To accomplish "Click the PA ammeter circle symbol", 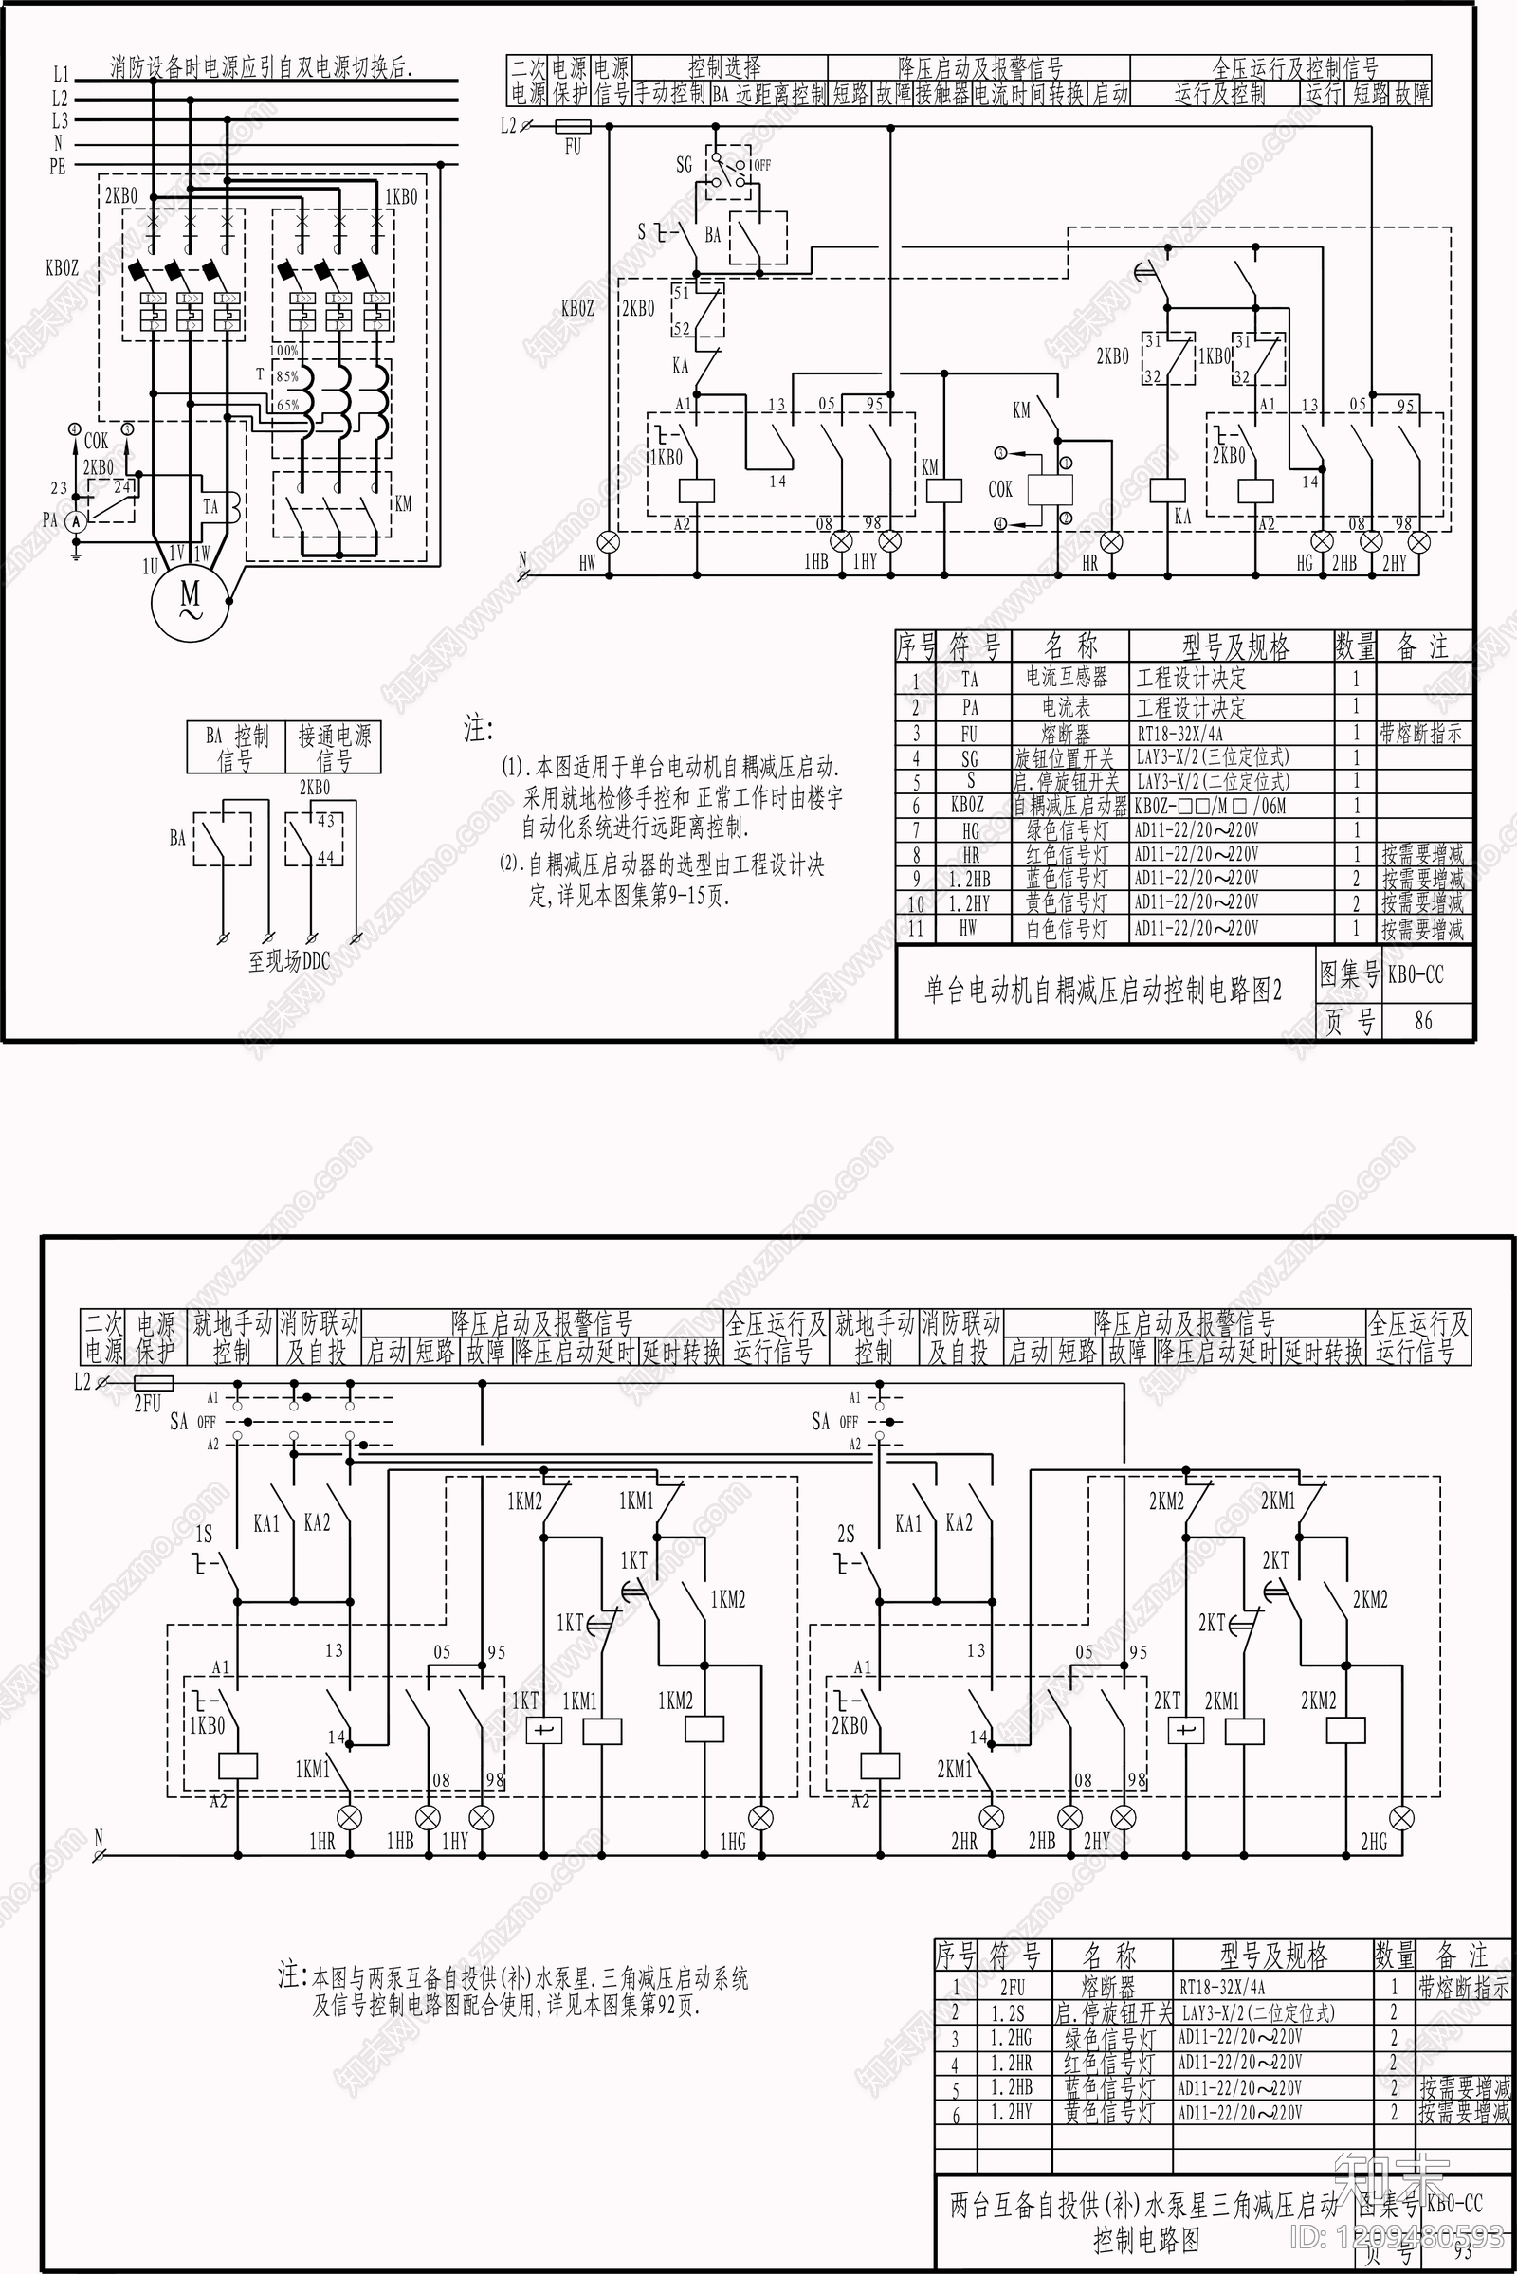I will coord(78,519).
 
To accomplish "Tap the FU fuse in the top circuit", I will coord(573,126).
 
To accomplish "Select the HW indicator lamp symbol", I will coord(610,540).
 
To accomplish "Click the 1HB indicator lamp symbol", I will coord(842,540).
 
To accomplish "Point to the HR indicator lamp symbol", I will coord(1111,541).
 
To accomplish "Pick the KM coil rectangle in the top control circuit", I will coord(943,490).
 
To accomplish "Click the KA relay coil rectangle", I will coord(1168,490).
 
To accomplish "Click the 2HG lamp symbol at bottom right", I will coord(1401,1816).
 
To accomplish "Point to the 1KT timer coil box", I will coord(543,1731).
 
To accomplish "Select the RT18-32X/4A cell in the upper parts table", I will coord(1180,733).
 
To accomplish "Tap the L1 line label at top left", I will coord(60,74).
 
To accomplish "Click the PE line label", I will coord(58,167).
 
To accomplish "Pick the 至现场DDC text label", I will coord(288,961).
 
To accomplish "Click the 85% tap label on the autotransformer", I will coord(286,377).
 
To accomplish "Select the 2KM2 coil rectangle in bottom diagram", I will coord(1344,1731).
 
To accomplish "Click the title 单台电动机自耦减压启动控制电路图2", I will coord(1103,990).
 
